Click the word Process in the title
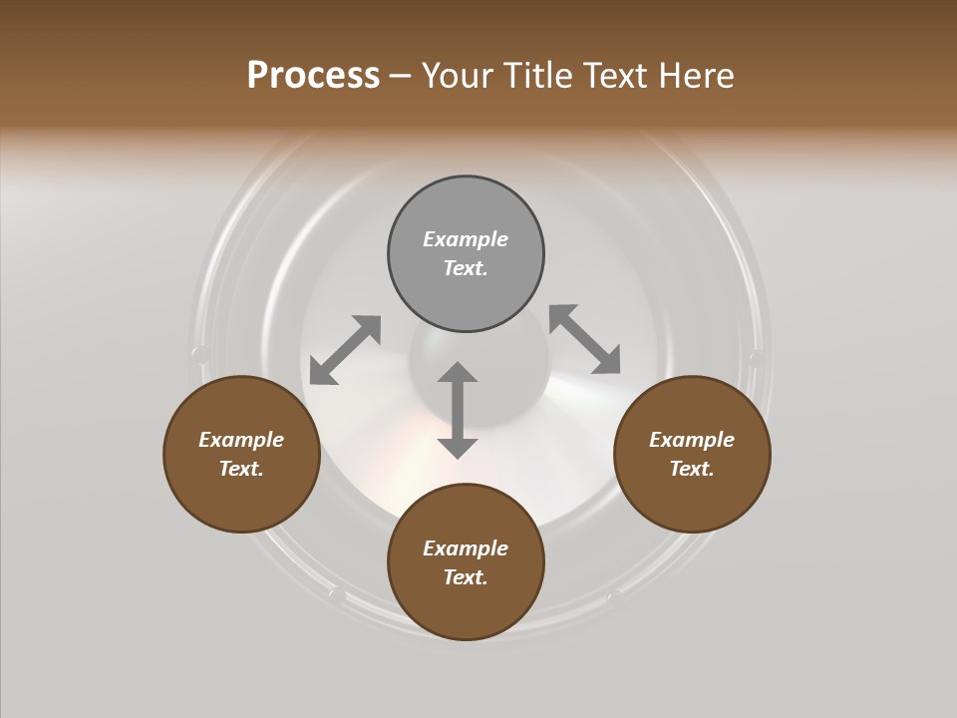313,76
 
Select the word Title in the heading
539,76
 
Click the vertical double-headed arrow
458,410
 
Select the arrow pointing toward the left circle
345,350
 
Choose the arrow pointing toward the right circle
584,339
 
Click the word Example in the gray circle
466,239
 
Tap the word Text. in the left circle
241,469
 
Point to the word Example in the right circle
692,440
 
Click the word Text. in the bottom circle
466,577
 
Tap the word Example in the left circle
241,440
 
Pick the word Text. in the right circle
692,469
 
